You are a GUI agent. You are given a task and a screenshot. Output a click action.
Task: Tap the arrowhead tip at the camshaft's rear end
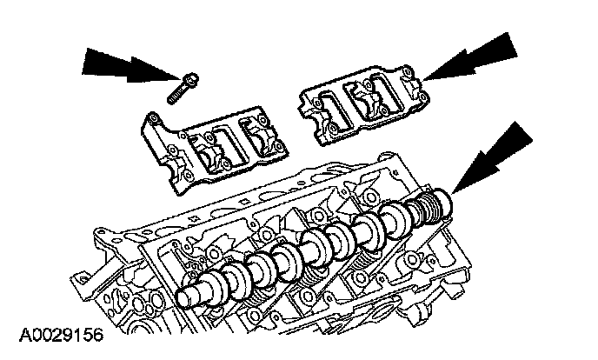(x=453, y=192)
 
